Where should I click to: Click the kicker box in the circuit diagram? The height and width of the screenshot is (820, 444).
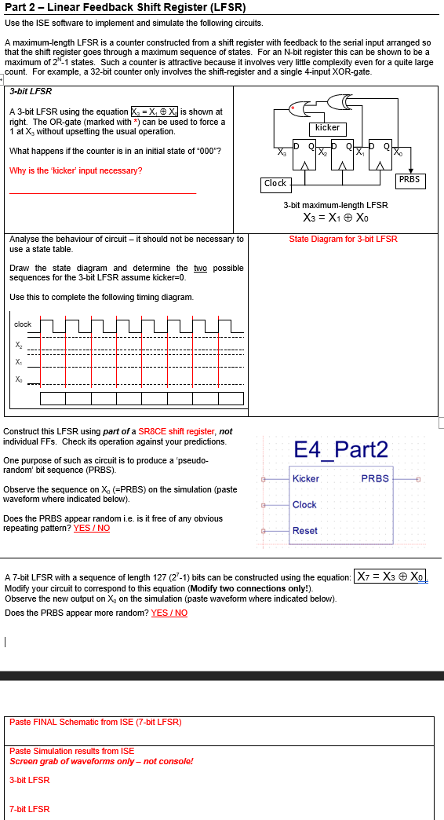pos(327,127)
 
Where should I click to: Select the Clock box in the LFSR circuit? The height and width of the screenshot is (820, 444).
pos(275,183)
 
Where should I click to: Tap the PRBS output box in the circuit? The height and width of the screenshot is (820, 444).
pos(409,180)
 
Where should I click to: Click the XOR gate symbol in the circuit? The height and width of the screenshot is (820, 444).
pos(341,101)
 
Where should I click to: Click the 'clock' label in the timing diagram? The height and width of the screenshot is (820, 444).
pos(23,324)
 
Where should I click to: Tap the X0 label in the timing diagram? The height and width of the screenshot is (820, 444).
pos(18,379)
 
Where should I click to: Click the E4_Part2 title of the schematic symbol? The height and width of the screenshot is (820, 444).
pos(340,449)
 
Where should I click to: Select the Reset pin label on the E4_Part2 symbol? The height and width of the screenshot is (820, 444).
pos(304,531)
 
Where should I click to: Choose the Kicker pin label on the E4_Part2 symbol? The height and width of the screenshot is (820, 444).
pos(305,478)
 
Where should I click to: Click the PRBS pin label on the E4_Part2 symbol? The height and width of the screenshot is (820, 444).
pos(374,478)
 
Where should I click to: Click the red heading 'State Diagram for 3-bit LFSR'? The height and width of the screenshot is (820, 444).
pos(343,239)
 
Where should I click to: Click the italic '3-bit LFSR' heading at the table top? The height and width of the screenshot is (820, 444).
pos(31,91)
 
